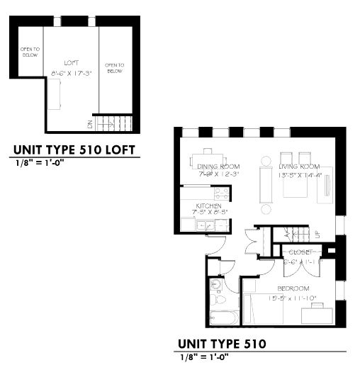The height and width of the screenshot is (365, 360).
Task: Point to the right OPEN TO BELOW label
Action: (115, 68)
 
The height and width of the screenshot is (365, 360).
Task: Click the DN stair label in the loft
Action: (90, 124)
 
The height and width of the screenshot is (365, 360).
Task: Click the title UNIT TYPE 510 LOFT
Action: (72, 150)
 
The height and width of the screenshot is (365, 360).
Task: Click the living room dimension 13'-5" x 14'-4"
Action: (300, 175)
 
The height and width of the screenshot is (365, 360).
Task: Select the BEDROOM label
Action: (293, 288)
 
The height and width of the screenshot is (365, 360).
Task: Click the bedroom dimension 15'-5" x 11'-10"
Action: (293, 297)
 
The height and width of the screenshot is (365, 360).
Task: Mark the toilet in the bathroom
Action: (217, 286)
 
